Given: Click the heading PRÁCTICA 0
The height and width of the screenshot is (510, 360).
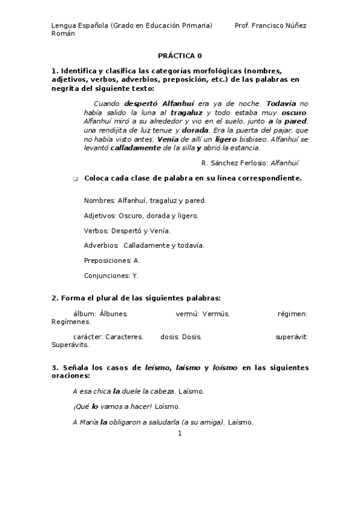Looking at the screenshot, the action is pos(180,55).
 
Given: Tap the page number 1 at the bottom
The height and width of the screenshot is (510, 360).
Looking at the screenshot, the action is pos(180,433).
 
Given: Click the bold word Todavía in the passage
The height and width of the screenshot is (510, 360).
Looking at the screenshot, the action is pos(282,103).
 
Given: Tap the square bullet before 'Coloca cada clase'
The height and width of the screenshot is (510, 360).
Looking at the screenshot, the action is pos(75,179).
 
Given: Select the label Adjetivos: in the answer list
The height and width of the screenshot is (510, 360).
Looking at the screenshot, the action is pos(100,215).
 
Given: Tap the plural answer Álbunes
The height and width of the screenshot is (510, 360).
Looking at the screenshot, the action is pos(113,313).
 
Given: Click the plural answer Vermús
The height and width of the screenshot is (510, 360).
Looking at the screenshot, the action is pos(216,313).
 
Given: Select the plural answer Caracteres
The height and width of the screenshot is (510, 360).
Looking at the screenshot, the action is pos(124,337).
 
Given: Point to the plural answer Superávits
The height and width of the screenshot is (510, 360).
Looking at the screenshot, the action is pos(70,345).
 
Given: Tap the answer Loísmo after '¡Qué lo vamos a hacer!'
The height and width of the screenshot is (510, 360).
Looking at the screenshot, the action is pos(168,407).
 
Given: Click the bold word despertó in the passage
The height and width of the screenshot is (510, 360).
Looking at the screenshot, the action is pos(141,103).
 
